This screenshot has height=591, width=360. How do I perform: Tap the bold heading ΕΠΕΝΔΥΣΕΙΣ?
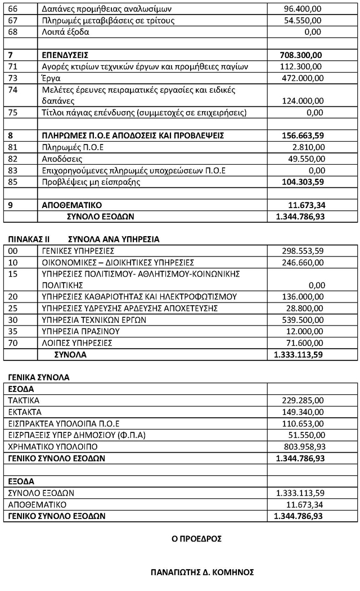point(65,55)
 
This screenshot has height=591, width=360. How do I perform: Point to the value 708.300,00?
point(301,55)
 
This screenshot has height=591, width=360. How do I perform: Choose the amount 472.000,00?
point(302,78)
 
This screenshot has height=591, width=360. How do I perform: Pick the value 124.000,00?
point(302,101)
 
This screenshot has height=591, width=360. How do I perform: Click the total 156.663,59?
point(301,136)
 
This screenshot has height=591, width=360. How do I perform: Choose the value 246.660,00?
point(302,262)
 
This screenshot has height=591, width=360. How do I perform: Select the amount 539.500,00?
point(302,319)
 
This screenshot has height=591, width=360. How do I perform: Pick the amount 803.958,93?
point(302,446)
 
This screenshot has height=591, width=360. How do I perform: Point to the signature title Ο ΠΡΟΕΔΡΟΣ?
point(196,539)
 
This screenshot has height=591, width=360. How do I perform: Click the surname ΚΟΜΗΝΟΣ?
point(231,572)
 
